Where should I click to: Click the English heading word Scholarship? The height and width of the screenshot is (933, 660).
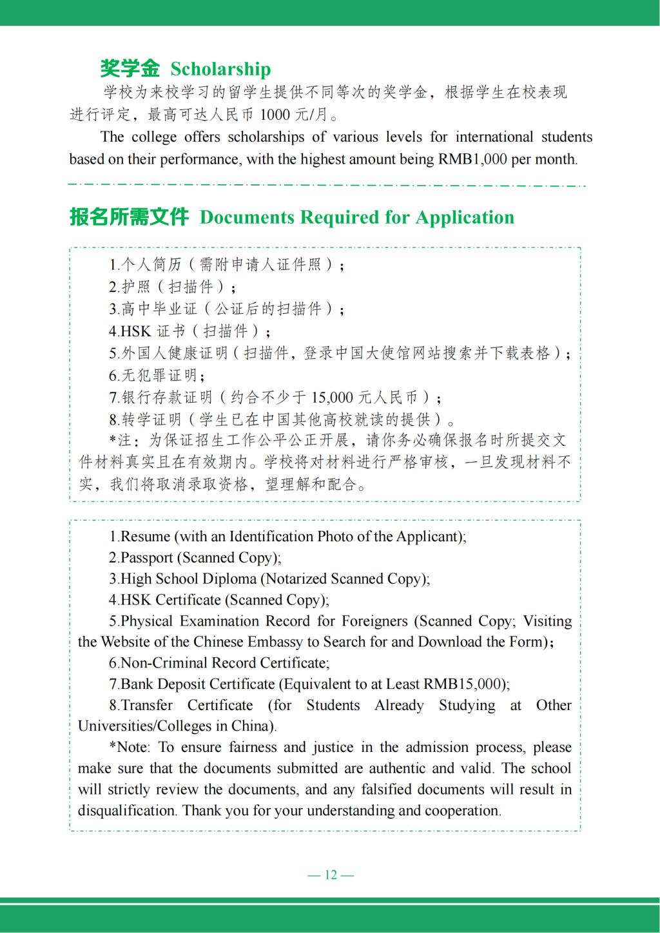[x=220, y=69]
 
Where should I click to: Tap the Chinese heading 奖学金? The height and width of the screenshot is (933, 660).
[x=130, y=68]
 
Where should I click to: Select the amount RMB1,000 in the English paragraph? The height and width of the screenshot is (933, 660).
[x=472, y=159]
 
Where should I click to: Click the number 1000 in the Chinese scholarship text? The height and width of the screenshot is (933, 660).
[x=275, y=115]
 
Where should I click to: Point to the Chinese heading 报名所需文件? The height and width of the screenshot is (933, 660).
[x=129, y=217]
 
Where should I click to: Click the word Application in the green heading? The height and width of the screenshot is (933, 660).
[x=465, y=217]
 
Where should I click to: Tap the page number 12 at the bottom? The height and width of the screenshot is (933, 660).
[x=331, y=874]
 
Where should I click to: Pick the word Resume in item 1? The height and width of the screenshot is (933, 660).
[x=146, y=536]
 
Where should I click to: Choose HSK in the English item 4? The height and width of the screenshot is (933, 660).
[x=135, y=600]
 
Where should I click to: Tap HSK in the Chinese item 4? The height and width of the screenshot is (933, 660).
[x=136, y=331]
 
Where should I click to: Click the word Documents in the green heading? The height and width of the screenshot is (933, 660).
[x=242, y=217]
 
